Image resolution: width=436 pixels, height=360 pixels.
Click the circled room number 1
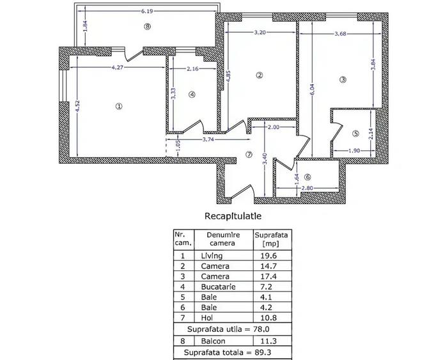click(x=119, y=106)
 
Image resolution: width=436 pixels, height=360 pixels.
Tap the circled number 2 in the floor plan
click(x=259, y=75)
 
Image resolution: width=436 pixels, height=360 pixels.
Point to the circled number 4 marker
click(x=192, y=95)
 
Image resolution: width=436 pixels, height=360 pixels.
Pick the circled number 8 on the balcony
click(x=148, y=26)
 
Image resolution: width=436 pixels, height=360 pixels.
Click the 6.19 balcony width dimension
click(x=148, y=11)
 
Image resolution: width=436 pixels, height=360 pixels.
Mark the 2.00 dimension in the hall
click(x=273, y=127)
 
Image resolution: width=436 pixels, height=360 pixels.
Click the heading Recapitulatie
click(x=233, y=216)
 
